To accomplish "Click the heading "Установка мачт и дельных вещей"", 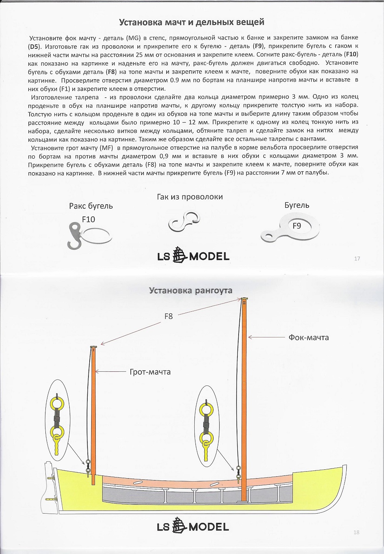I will pos(192,22).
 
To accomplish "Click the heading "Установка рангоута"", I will pos(191,290).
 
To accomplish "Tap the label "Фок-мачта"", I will pos(309,337).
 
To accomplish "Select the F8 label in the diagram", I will pos(169,316).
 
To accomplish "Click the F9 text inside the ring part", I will pos(297,226).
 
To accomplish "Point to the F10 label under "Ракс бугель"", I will pos(88,219).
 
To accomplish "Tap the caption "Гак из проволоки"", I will pos(190,197).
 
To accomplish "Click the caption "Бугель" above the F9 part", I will pos(297,205).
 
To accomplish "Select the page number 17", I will pos(357,259).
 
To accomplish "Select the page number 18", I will pos(356,532).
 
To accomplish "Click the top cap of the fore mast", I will pos(244,299).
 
